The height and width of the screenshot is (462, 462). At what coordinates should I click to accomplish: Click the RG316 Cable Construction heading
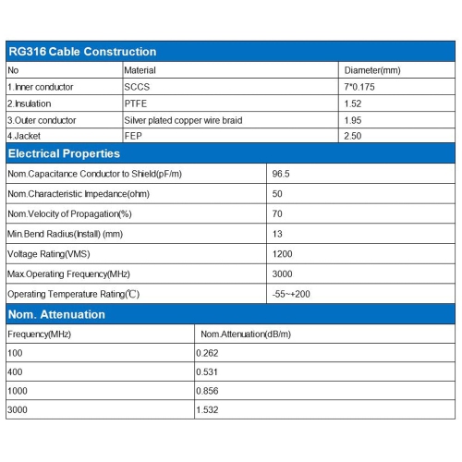[82, 52]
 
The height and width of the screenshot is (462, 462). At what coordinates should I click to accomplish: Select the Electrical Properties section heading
[64, 153]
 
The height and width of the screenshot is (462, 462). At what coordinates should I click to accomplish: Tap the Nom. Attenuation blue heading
[56, 314]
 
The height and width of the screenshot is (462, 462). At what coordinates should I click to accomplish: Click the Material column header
[140, 70]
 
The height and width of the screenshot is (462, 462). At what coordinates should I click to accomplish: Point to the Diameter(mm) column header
[371, 70]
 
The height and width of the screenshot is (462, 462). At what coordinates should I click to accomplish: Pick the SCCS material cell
[136, 87]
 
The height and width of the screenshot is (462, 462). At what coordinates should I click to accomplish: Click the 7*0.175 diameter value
[360, 87]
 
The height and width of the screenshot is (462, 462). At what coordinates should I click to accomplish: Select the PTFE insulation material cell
[135, 103]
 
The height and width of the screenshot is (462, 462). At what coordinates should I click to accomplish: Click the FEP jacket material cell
[132, 137]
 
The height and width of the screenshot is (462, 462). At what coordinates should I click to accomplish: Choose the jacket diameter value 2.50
[353, 137]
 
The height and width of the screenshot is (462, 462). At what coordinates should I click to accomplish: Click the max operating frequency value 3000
[282, 274]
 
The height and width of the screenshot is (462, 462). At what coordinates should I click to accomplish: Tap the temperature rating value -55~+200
[292, 294]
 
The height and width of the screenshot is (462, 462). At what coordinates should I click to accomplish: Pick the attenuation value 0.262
[208, 353]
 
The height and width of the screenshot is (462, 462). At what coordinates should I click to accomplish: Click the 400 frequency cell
[15, 371]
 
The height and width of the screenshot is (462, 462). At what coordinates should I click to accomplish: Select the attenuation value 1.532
[208, 409]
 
